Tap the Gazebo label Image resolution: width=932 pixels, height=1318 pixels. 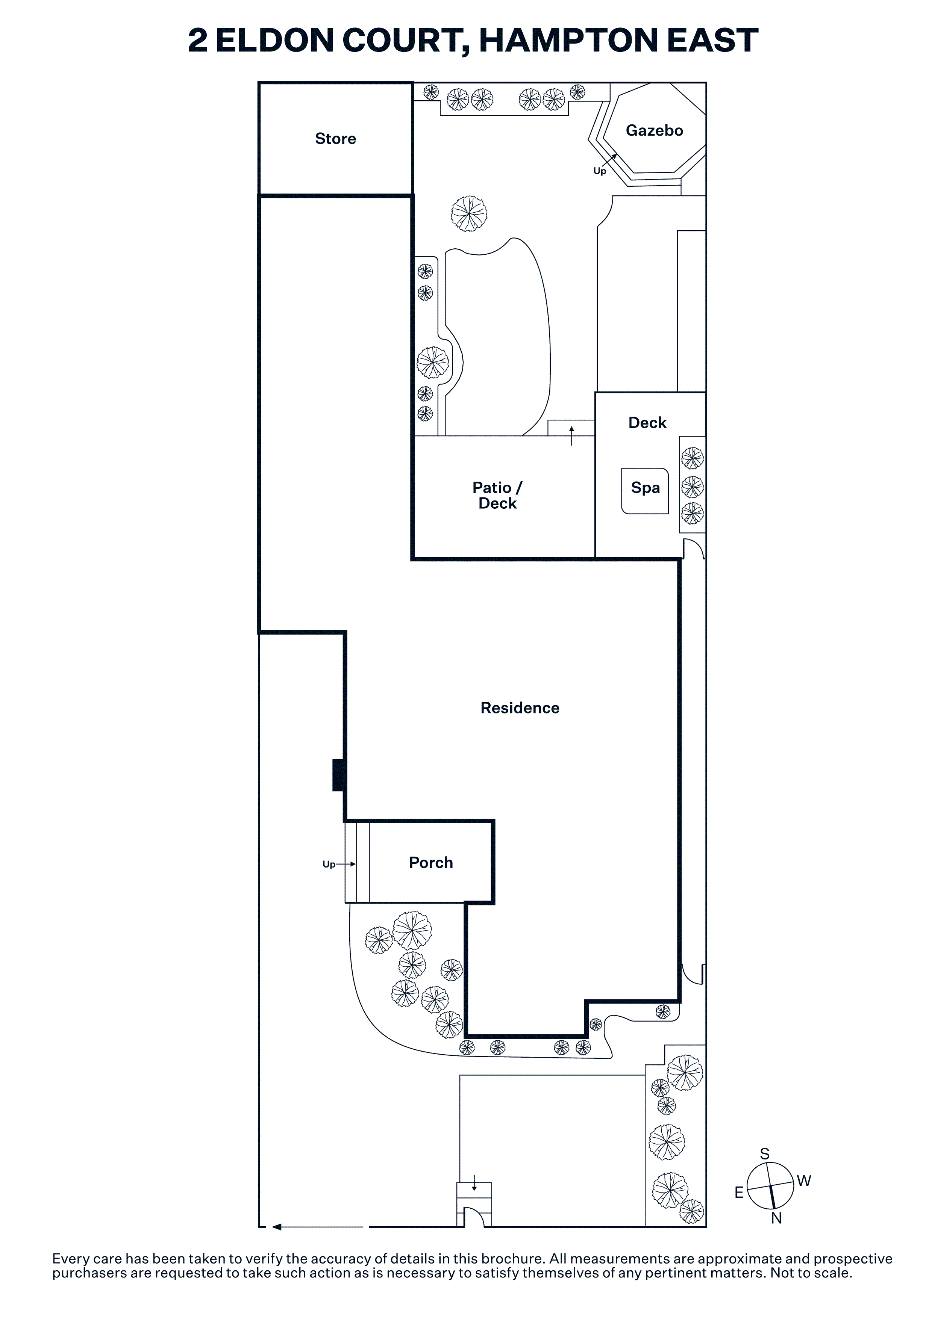[654, 130]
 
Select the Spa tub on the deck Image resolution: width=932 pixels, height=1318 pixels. [645, 491]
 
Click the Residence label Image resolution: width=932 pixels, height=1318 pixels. [520, 708]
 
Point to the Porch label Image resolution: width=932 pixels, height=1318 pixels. [431, 862]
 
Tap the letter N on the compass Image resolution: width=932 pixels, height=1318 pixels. [776, 1218]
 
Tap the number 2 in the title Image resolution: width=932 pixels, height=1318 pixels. [197, 41]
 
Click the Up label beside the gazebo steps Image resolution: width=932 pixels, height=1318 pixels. [600, 171]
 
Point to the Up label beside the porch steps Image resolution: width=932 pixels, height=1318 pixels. [329, 865]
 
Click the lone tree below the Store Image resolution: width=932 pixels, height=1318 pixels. [469, 213]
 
